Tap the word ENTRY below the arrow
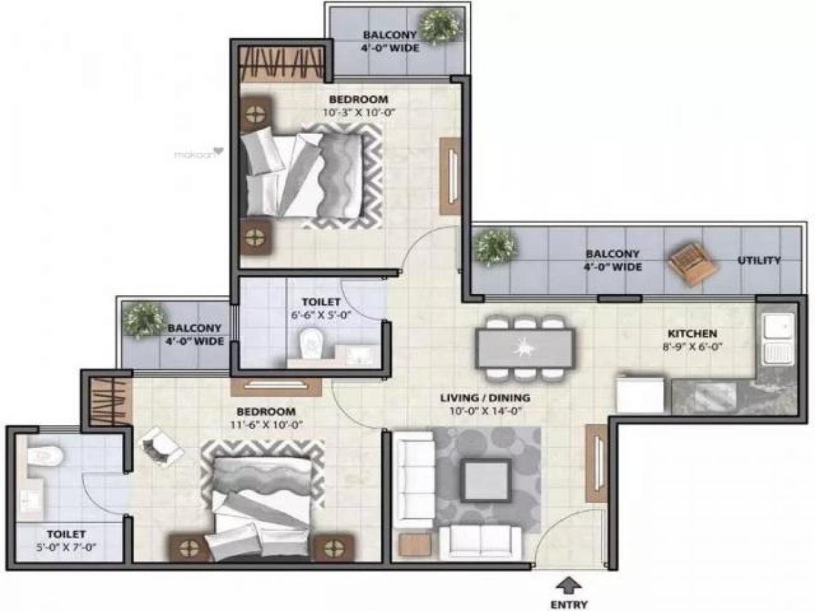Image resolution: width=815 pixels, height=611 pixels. (x=569, y=604)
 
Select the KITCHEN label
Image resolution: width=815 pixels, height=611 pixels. (x=692, y=334)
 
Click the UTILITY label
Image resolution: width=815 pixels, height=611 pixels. (x=759, y=261)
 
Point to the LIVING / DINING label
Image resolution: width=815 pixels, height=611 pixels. (x=485, y=398)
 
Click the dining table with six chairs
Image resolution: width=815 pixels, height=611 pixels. (x=525, y=348)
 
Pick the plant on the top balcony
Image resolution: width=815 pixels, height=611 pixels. (x=435, y=26)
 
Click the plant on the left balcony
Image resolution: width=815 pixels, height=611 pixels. (x=144, y=320)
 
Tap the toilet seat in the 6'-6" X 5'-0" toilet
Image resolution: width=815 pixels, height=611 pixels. (x=310, y=343)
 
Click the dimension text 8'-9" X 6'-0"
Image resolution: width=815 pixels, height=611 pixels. (x=692, y=346)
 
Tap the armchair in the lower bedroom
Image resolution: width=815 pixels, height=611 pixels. (x=160, y=447)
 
